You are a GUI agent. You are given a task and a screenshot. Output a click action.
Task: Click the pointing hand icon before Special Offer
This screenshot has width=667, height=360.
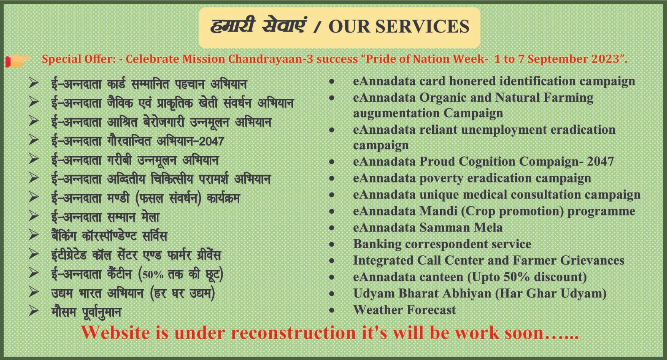coord(18,61)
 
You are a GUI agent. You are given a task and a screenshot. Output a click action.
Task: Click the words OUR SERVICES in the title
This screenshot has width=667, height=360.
coord(399,26)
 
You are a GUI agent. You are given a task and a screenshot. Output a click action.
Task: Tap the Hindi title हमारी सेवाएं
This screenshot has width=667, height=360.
coord(258,25)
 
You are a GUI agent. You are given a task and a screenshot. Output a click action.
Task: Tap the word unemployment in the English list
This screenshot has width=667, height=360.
coord(504,130)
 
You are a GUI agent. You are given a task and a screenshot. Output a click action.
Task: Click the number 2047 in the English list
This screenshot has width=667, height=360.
coord(600,162)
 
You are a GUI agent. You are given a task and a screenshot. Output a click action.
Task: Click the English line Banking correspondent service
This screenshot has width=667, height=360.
coord(442,244)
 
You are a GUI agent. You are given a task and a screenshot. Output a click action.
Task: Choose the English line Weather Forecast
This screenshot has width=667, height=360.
coord(404,310)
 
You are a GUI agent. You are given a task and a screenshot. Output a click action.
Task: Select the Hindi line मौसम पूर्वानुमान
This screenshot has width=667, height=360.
coord(86,312)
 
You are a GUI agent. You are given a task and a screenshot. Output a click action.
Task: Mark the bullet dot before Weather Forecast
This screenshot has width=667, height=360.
coord(332,310)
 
